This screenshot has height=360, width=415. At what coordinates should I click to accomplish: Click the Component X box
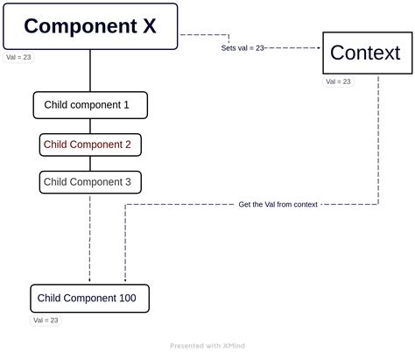click(x=90, y=26)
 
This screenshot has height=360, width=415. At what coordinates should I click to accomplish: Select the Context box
click(x=366, y=53)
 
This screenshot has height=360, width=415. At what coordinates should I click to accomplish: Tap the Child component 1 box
click(x=90, y=105)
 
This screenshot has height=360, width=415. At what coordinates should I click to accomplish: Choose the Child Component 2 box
click(x=90, y=144)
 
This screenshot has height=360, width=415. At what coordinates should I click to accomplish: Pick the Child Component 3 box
click(x=90, y=182)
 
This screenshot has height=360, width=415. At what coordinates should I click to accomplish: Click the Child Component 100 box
click(x=89, y=299)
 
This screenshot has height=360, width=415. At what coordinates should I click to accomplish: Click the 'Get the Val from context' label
click(x=278, y=204)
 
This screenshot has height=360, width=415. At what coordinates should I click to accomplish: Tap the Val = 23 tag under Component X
click(x=18, y=57)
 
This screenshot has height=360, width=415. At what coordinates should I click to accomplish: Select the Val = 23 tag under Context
click(x=338, y=81)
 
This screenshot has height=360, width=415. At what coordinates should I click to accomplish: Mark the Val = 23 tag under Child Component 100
click(x=46, y=321)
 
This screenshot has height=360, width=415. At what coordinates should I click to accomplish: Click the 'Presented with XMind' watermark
click(x=207, y=345)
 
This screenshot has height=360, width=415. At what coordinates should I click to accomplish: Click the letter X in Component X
click(x=149, y=26)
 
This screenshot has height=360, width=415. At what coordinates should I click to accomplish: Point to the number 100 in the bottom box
click(x=126, y=299)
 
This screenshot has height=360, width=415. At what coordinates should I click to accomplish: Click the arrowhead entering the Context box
click(x=320, y=48)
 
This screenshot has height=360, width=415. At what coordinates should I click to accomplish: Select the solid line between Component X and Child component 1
click(x=90, y=70)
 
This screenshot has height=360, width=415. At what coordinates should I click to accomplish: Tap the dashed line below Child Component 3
click(x=90, y=236)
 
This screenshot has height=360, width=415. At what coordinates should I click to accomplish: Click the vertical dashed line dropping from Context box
click(x=378, y=140)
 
